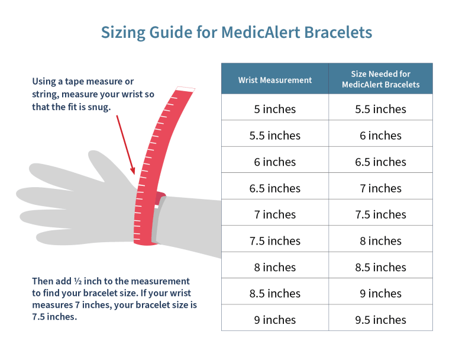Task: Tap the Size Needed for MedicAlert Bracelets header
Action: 380,79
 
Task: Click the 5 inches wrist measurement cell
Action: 275,109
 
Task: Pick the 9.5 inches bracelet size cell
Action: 380,320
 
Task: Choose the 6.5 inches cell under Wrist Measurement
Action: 275,188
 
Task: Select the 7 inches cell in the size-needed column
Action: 380,188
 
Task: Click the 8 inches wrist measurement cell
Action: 275,267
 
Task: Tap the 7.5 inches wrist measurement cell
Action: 275,241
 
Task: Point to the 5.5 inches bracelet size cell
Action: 380,109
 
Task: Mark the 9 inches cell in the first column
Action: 275,320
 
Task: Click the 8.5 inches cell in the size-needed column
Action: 380,267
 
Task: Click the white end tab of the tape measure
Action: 185,89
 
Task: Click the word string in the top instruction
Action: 46,94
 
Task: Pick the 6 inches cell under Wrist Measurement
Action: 275,162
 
